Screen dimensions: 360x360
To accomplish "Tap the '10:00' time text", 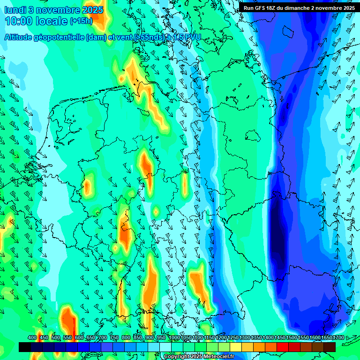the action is (19, 22).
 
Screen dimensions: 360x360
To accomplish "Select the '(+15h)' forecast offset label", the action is (81, 21).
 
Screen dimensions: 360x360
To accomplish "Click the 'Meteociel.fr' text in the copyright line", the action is (217, 357).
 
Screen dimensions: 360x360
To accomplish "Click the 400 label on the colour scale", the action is (32, 338).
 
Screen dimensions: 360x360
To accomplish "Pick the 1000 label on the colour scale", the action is (174, 338).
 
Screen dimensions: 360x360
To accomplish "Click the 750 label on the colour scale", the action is (114, 338).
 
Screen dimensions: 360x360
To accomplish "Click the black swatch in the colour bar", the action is (25, 347).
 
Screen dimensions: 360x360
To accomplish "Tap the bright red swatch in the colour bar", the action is (283, 347).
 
